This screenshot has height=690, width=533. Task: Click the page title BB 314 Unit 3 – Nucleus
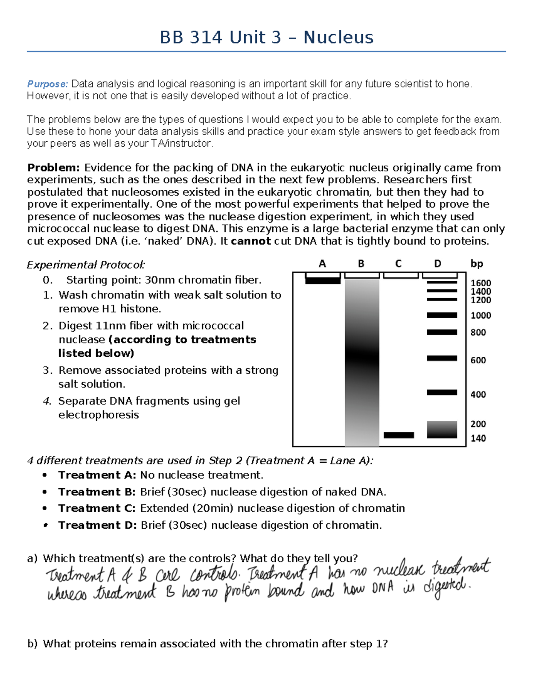coord(266,37)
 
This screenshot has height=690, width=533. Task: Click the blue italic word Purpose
coord(47,84)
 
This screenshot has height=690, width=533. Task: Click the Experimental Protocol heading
coord(86,265)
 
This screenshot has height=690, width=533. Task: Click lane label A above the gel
coord(322,264)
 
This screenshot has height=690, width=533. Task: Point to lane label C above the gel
coord(398,264)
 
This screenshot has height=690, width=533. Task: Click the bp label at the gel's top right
coord(477,264)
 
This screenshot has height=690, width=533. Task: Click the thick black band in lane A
coord(323,280)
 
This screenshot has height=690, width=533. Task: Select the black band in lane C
coord(398,435)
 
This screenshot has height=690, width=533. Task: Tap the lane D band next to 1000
coord(442,315)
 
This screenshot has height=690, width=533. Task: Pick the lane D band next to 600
coord(442,358)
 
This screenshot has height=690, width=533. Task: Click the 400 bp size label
coord(478,395)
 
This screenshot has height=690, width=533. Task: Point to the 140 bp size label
coord(478,439)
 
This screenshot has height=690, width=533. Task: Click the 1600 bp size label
coord(481,283)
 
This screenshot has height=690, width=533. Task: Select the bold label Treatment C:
coord(97,508)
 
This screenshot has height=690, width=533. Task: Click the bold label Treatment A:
coord(97,475)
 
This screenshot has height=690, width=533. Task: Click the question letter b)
coord(32,644)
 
